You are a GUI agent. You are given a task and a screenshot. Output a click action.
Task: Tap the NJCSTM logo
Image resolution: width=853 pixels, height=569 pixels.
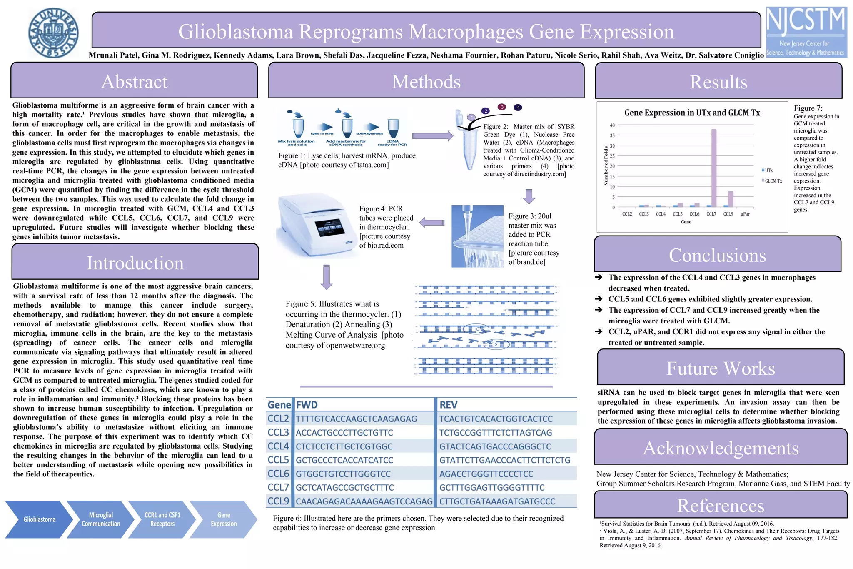click(806, 32)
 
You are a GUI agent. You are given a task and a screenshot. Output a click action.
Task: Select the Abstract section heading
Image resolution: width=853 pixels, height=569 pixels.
click(134, 81)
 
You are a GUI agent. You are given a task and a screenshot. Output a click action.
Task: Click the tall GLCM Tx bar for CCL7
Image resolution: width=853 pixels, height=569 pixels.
click(714, 168)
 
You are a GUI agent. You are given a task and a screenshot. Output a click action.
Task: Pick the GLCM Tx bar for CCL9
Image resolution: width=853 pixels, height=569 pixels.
click(731, 199)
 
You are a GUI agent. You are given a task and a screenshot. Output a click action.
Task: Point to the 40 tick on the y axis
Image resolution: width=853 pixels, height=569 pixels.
click(612, 125)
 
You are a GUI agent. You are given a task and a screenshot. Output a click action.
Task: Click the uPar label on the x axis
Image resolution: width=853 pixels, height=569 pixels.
click(745, 214)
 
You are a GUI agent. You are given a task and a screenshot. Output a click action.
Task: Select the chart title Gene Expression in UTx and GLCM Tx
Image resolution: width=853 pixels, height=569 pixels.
click(692, 113)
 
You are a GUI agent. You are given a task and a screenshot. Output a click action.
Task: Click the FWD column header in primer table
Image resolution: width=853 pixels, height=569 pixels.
click(307, 405)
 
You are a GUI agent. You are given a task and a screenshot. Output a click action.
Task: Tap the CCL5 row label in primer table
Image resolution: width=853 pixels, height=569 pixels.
click(278, 460)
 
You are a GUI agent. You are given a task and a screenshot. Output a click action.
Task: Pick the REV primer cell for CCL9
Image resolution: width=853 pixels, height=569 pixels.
click(497, 501)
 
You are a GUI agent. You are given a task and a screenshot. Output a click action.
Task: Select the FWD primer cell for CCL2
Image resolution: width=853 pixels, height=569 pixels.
click(356, 419)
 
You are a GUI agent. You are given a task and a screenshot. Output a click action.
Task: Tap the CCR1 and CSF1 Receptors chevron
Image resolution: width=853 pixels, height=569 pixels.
click(162, 519)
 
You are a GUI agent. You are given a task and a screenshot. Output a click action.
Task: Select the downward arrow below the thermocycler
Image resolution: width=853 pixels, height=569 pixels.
click(327, 277)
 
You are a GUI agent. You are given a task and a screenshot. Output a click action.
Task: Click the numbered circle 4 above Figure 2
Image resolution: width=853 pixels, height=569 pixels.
click(518, 108)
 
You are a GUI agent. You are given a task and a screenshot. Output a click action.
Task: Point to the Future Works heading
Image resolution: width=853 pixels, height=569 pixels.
click(721, 368)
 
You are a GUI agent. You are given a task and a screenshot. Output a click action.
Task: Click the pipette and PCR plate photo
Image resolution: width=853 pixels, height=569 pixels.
click(477, 236)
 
